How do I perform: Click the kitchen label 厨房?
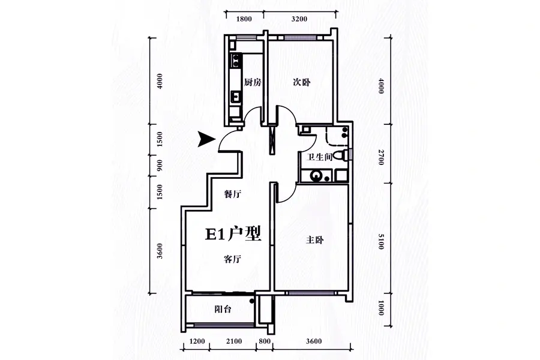point(253,82)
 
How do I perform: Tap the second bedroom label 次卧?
point(302,82)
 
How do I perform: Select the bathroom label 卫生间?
point(319,157)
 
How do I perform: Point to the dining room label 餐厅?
point(232,194)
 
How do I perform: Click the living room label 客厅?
point(232,259)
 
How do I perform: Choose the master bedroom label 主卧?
point(315,240)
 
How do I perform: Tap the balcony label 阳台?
point(223,309)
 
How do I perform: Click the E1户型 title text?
point(233,234)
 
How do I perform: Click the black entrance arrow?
point(206,139)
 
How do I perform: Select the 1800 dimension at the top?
point(244,19)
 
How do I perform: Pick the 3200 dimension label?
point(299,19)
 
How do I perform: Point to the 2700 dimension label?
point(380,157)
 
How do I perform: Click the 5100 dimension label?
point(380,241)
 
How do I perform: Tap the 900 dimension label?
point(160,166)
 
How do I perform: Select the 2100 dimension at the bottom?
point(234,341)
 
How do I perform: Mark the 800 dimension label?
point(264,341)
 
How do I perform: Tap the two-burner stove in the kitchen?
point(236,60)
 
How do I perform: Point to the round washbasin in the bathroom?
point(316,176)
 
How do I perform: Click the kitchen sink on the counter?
point(236,97)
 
